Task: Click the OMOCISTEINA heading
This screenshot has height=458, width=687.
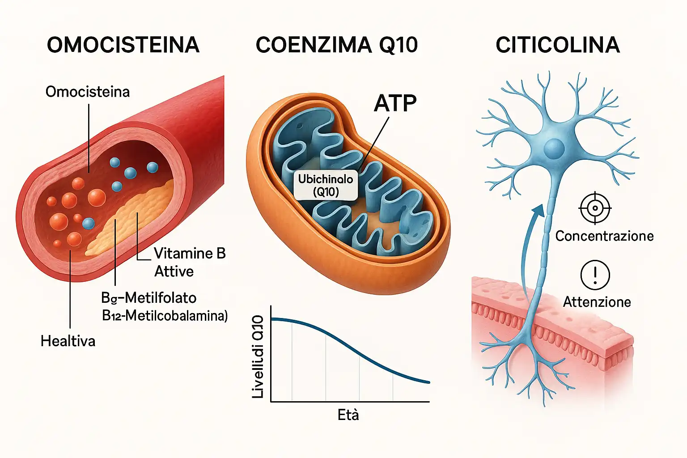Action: coord(123,45)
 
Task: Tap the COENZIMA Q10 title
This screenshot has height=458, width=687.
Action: coord(336,45)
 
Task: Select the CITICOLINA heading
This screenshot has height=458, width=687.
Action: coord(557,45)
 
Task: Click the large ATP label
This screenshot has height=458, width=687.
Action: coord(395,104)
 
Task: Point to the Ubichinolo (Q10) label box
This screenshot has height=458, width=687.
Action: coord(326,185)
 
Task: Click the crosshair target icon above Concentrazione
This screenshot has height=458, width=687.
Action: coord(595,208)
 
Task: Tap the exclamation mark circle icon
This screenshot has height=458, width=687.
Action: coord(595,275)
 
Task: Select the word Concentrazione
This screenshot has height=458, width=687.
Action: coord(604,236)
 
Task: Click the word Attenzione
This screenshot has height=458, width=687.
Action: coord(597,302)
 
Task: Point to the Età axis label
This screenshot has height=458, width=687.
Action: coord(348,416)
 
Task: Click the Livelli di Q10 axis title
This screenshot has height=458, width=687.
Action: coord(258,356)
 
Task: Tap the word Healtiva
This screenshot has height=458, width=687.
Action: coord(68,341)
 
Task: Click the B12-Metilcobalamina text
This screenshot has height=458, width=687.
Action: coord(165,316)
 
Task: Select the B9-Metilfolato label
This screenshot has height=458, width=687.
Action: coord(149,298)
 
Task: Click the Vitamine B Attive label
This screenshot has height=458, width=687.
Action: coord(190,263)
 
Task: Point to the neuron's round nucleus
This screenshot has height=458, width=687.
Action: coord(554,148)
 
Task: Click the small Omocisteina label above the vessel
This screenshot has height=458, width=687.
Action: coord(88,92)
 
